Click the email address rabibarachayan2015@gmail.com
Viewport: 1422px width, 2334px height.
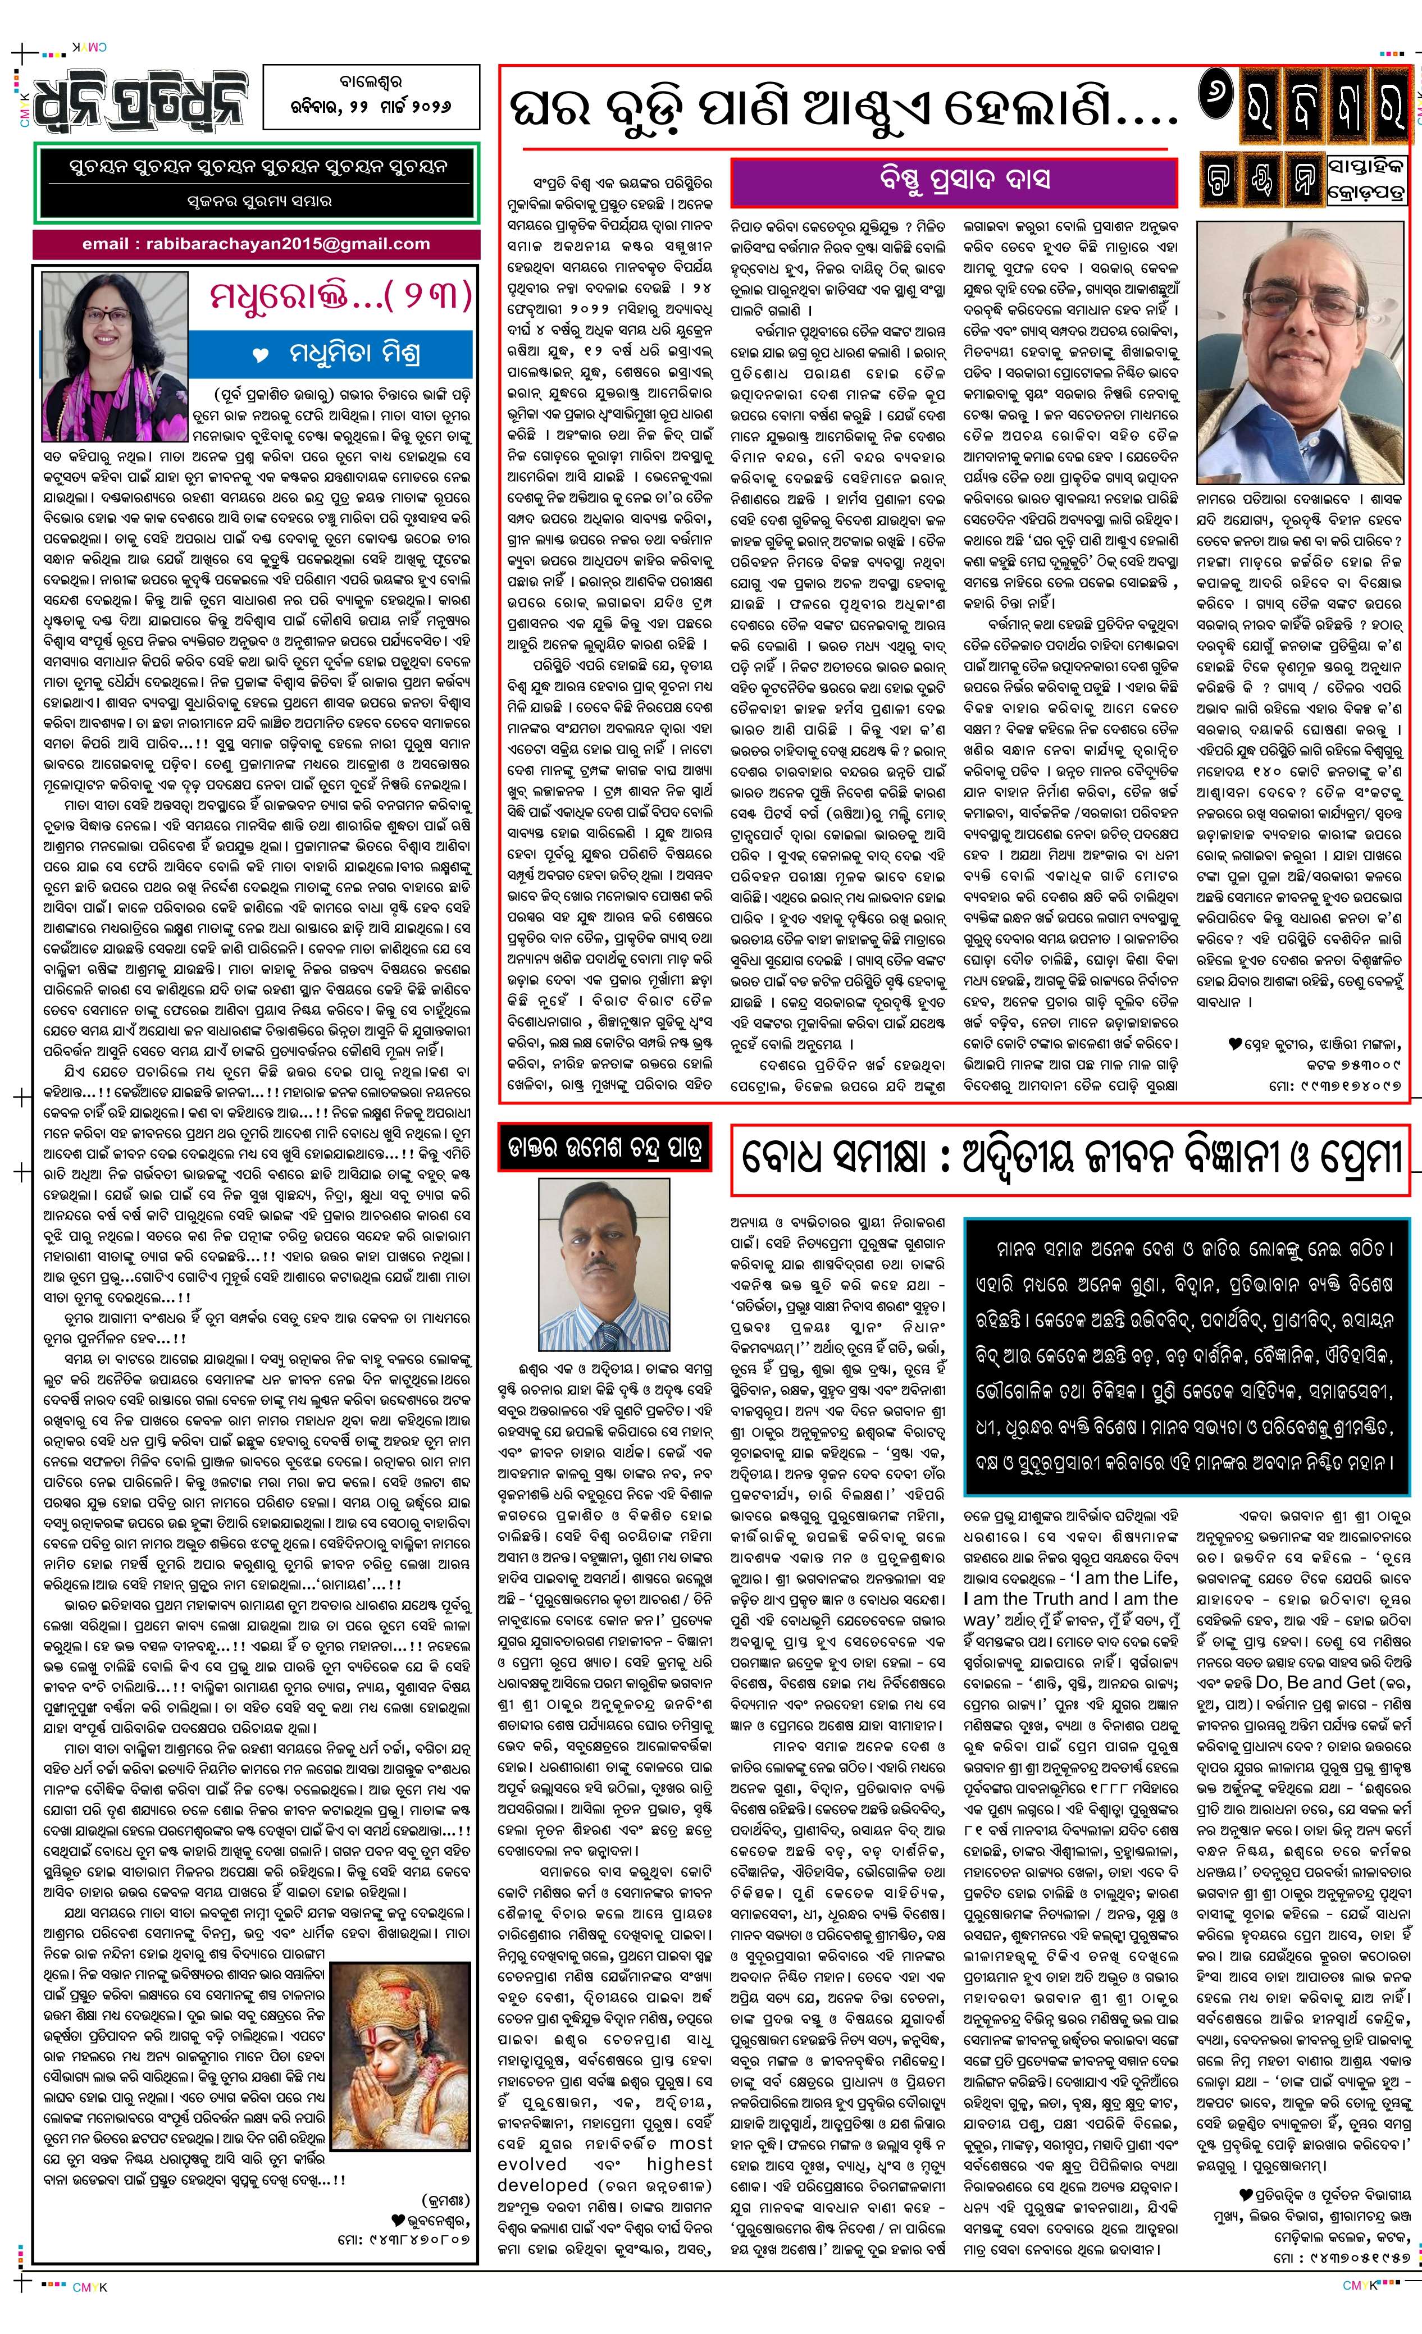(x=255, y=244)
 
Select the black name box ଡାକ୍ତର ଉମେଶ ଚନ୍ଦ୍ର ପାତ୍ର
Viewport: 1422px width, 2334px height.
(x=604, y=1149)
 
